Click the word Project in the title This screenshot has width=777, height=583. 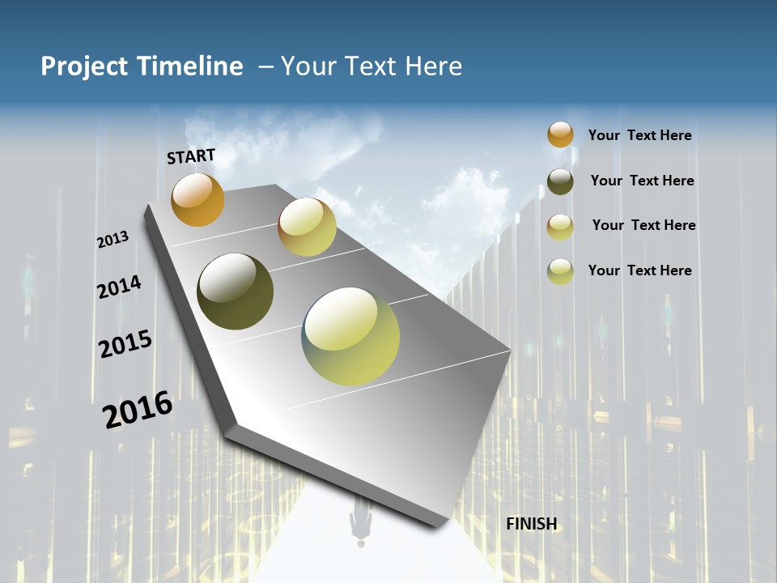click(x=85, y=66)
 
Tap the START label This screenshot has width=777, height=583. click(x=191, y=156)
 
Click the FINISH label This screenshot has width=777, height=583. click(x=532, y=524)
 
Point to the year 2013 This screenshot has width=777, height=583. click(x=113, y=240)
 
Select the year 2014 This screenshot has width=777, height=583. click(x=119, y=287)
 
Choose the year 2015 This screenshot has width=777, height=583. click(x=125, y=344)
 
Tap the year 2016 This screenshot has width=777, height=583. click(x=138, y=409)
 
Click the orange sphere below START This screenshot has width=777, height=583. click(x=197, y=199)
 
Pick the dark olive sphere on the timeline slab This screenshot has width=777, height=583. click(x=235, y=291)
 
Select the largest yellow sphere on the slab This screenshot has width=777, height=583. click(x=350, y=336)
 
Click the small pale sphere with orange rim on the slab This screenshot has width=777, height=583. click(x=307, y=227)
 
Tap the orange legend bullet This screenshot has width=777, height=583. click(x=560, y=134)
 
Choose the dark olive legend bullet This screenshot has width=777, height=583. click(x=560, y=181)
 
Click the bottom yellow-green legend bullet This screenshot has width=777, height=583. click(x=560, y=271)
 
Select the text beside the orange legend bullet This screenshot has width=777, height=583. click(x=639, y=135)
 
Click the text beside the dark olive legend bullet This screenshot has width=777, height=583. click(x=642, y=181)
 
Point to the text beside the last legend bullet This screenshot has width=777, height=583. click(x=639, y=270)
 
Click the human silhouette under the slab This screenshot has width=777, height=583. click(x=360, y=522)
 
